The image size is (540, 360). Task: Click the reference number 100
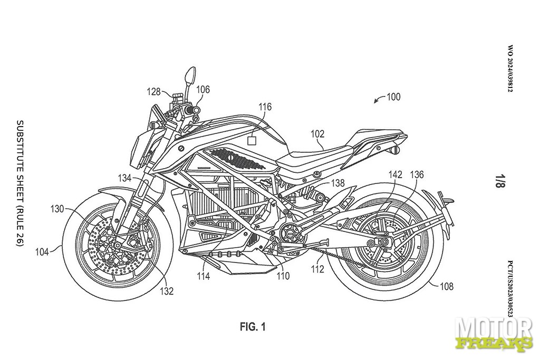[x=393, y=97]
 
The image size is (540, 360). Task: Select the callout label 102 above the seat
[x=317, y=134]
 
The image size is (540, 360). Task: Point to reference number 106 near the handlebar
[x=203, y=90]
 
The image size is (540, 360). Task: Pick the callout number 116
[x=265, y=108]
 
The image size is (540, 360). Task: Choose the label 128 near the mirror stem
[x=153, y=91]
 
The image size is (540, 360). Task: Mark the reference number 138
[x=338, y=183]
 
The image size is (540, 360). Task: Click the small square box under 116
[x=253, y=140]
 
